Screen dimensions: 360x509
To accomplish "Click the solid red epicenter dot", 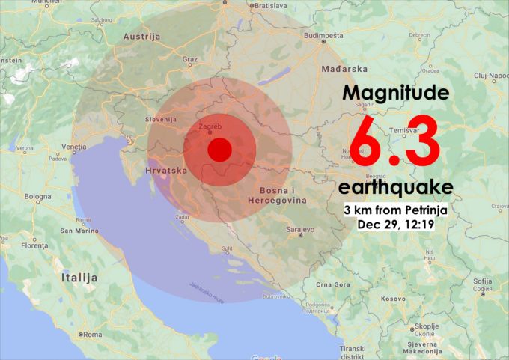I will pyautogui.click(x=219, y=150).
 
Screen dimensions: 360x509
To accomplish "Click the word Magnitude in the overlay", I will pyautogui.click(x=396, y=93).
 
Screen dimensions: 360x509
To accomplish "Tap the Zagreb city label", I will pyautogui.click(x=210, y=126).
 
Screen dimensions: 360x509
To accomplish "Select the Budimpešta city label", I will pyautogui.click(x=324, y=34).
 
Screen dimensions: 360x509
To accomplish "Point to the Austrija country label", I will pyautogui.click(x=141, y=36).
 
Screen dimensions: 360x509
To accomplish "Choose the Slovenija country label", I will pyautogui.click(x=160, y=119).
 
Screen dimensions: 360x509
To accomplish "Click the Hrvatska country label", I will pyautogui.click(x=165, y=171).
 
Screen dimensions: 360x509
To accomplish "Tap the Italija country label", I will pyautogui.click(x=79, y=278).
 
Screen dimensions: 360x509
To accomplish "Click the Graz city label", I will pyautogui.click(x=189, y=58).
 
